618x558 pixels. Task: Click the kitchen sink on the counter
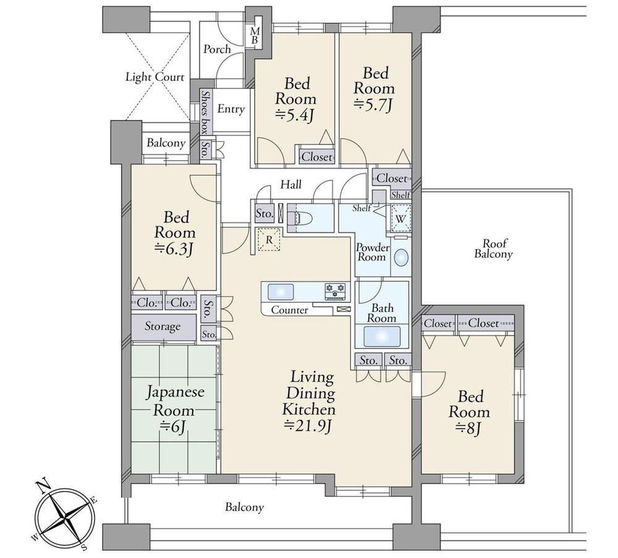pos(281,292)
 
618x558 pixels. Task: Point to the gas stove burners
pos(335,292)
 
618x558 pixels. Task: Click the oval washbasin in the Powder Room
pos(401,258)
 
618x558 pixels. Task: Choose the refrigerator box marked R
pos(269,239)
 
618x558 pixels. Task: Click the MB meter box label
pos(255,35)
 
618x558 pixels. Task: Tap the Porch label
pos(217,49)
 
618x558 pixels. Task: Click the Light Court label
pos(155,77)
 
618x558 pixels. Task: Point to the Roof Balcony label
pos(493,248)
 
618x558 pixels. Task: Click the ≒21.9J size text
pos(308,426)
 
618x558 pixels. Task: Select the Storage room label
pos(163,326)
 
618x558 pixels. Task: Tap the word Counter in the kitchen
pos(290,310)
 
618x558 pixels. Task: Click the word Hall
pos(291,184)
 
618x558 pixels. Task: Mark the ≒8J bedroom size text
pos(469,428)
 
